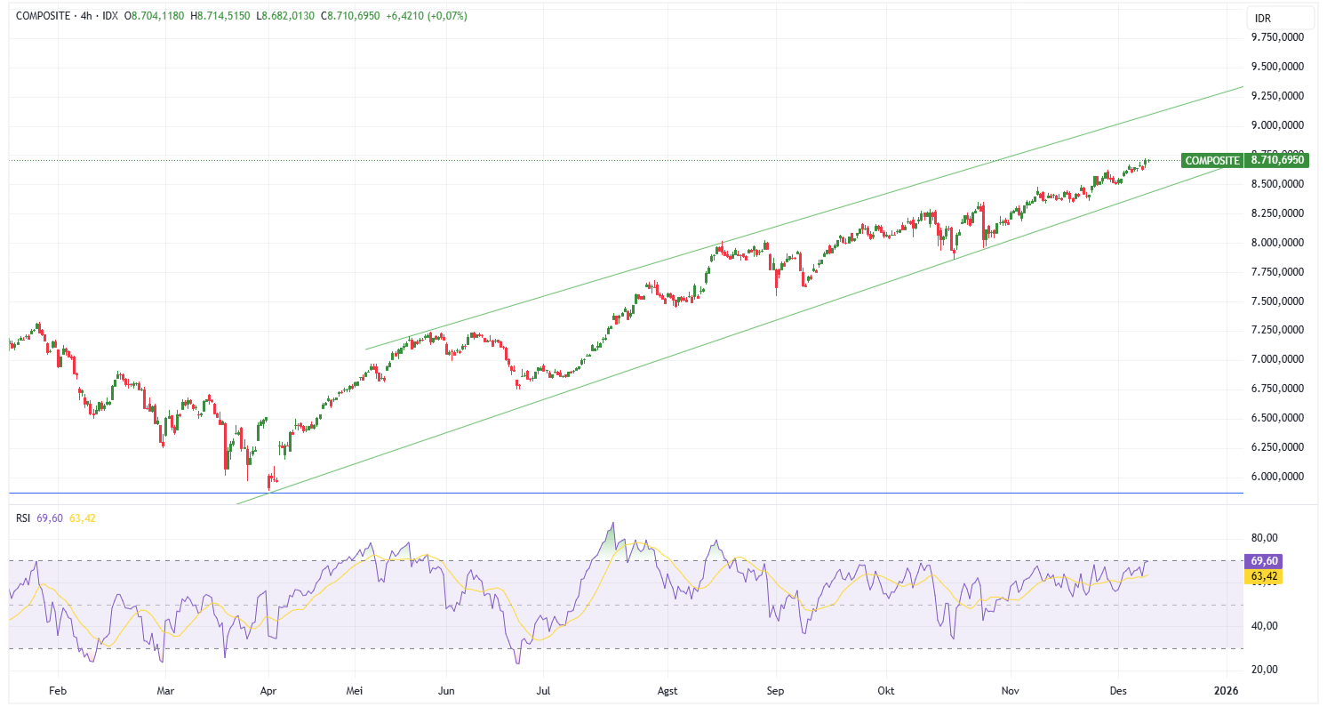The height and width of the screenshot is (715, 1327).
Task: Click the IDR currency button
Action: click(x=1263, y=18)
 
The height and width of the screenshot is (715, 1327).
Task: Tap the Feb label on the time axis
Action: click(x=58, y=690)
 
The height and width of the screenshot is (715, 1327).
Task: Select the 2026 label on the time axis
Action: click(x=1226, y=690)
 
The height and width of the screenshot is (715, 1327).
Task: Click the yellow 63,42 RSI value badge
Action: click(x=1264, y=576)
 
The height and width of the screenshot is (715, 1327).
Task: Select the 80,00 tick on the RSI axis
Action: click(x=1264, y=538)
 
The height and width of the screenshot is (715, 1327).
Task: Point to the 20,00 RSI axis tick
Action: click(x=1264, y=670)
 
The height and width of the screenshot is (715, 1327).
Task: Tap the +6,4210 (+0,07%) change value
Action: click(x=427, y=16)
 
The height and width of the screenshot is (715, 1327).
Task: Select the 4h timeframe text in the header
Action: click(x=87, y=16)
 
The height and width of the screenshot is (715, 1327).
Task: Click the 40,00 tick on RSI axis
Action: click(x=1264, y=626)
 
